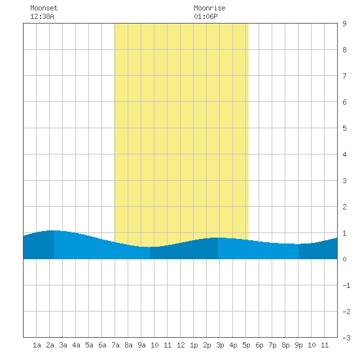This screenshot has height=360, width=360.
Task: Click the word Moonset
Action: (x=44, y=8)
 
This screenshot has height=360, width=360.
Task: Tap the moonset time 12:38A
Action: (x=42, y=16)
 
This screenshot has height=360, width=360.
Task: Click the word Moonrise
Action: (x=209, y=8)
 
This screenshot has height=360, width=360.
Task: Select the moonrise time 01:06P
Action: (x=206, y=16)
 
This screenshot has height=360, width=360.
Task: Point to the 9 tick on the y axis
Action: (x=344, y=24)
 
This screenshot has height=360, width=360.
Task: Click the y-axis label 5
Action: (x=344, y=128)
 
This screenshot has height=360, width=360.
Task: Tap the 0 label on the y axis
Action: (x=344, y=259)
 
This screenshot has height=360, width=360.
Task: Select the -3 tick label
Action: (x=346, y=338)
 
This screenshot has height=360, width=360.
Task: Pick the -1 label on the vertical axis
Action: (x=346, y=285)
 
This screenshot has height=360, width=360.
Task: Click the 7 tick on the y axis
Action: (x=344, y=76)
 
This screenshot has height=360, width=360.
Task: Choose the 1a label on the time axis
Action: (x=37, y=345)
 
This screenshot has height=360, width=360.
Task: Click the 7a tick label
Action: (x=115, y=345)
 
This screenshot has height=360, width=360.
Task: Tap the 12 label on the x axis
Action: (x=181, y=345)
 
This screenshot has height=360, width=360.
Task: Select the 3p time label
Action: (x=220, y=345)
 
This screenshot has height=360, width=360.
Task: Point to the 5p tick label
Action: (x=246, y=345)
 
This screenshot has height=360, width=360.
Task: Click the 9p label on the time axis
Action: (x=298, y=345)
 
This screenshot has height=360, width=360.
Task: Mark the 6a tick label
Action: (x=102, y=345)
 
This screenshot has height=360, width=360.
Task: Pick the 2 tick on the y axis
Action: (x=344, y=207)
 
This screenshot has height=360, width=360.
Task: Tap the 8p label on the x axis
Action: (x=285, y=345)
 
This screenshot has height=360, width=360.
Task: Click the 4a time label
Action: (x=76, y=345)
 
